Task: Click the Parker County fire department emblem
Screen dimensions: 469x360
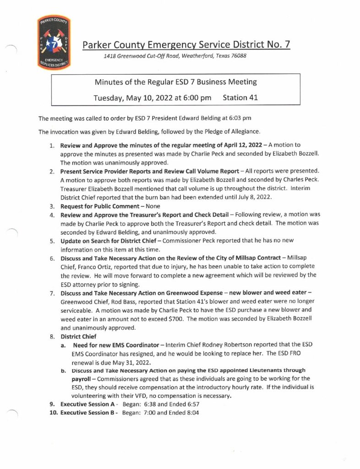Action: click(54, 43)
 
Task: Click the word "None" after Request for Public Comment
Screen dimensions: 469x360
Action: click(146, 207)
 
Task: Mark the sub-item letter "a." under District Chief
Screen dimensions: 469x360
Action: click(64, 344)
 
